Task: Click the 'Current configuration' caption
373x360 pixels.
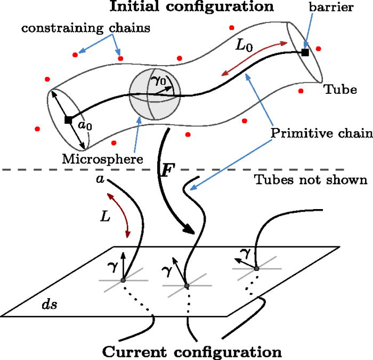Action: click(191, 352)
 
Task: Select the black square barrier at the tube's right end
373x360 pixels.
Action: click(305, 52)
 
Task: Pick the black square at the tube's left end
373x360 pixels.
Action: click(68, 120)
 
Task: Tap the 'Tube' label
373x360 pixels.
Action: click(339, 90)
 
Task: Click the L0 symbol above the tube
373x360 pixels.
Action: click(245, 46)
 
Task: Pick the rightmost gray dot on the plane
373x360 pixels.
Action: click(256, 268)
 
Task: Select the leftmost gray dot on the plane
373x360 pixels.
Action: click(123, 280)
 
